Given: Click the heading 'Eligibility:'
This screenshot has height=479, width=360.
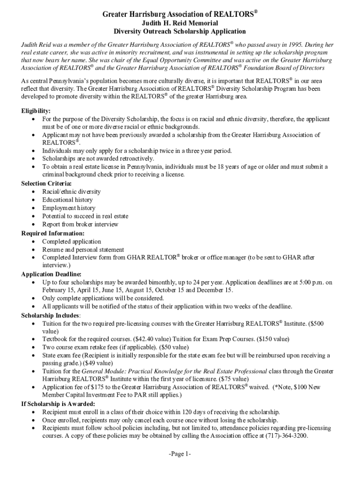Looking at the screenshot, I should click(x=36, y=111).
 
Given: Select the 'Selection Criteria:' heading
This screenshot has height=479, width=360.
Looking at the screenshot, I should click(x=46, y=183).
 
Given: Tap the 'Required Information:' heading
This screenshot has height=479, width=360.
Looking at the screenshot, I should click(x=53, y=233).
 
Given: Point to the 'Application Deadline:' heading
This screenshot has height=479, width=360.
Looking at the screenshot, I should click(x=51, y=274).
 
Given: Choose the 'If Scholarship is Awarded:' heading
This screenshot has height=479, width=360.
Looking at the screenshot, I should click(x=58, y=404).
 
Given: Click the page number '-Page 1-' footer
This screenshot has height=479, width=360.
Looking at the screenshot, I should click(x=180, y=454).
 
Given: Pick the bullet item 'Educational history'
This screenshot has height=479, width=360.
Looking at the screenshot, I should click(x=67, y=200).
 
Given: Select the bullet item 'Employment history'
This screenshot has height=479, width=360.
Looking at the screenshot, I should click(x=69, y=208).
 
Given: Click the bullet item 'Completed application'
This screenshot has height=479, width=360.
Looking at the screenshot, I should click(x=72, y=241).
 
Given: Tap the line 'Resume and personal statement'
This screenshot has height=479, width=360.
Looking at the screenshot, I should click(x=83, y=250).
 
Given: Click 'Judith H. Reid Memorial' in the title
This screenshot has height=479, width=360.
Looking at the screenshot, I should click(x=180, y=23).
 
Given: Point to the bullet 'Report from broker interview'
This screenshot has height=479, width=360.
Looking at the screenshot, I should click(x=80, y=225).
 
